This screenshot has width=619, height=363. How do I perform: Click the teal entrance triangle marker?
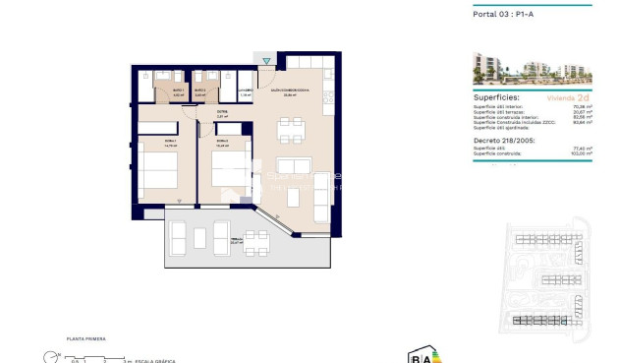[265, 61]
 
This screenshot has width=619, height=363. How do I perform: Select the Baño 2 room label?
[199, 91]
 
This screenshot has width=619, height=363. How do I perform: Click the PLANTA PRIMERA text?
[85, 338]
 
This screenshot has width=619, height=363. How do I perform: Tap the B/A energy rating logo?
[420, 356]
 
